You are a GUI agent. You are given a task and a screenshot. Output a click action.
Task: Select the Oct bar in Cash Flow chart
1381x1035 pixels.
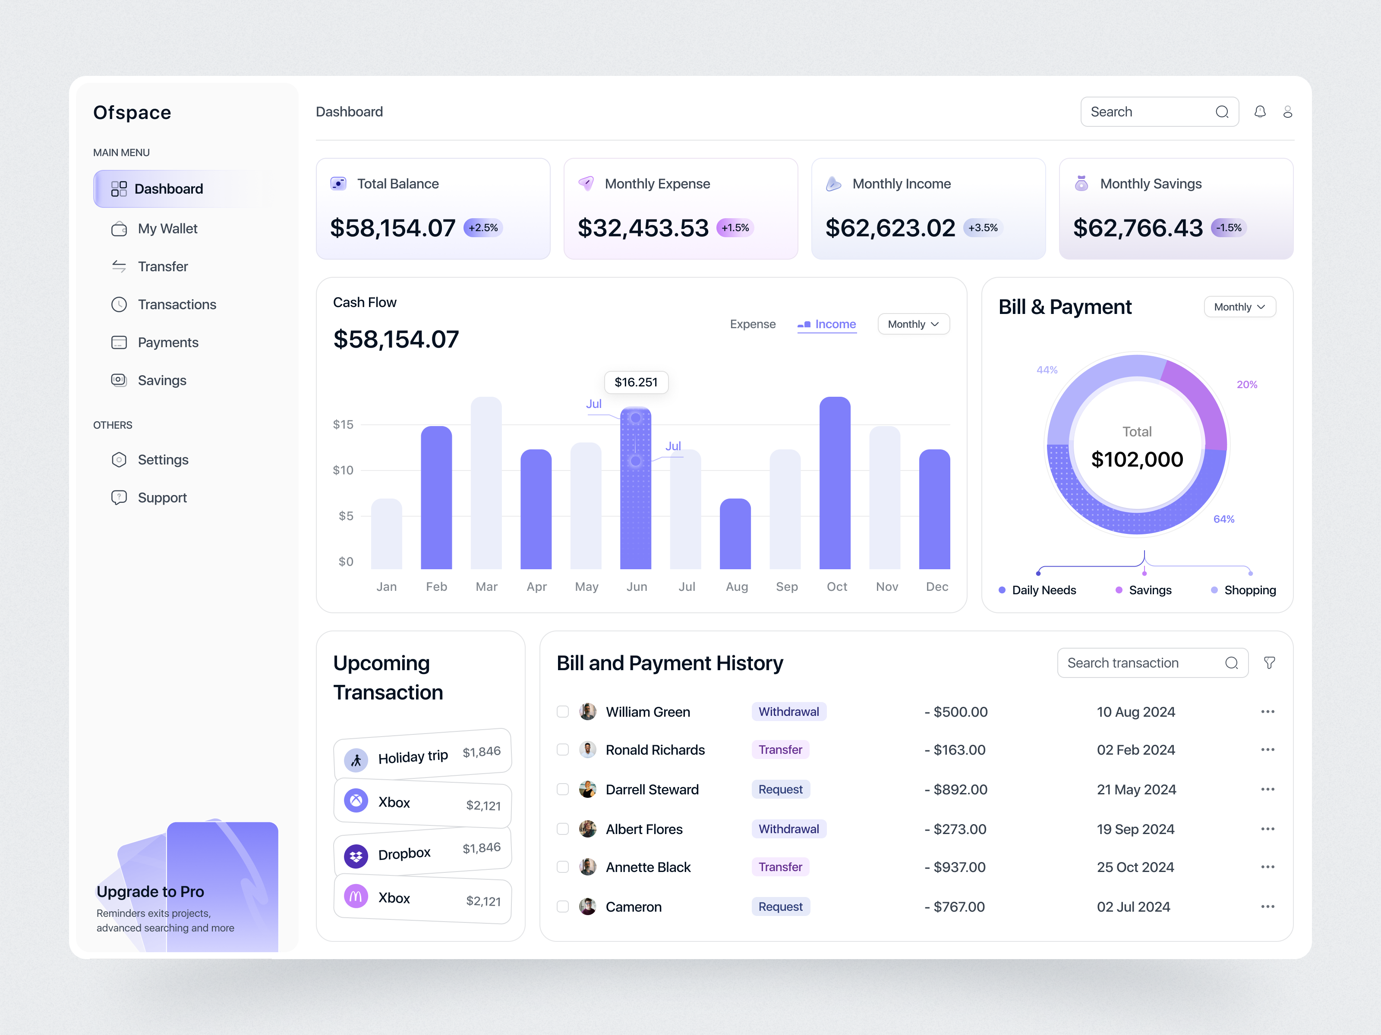click(x=834, y=483)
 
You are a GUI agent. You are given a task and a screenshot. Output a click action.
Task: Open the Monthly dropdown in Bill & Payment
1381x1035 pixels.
click(x=1239, y=307)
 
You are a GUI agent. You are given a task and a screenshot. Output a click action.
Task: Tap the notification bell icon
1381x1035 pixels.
click(x=1260, y=112)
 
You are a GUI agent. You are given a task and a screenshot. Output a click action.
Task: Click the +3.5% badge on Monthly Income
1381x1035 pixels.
click(x=982, y=228)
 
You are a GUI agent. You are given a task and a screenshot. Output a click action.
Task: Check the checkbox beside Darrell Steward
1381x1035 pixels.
click(x=562, y=789)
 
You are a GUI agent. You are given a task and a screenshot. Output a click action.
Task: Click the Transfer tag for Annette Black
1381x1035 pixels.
click(x=780, y=867)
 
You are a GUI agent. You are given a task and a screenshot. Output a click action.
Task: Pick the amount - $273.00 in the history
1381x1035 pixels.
click(x=955, y=829)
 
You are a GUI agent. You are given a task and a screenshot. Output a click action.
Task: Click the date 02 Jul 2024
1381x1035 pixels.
click(x=1133, y=907)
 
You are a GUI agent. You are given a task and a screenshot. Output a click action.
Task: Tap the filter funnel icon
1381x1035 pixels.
click(x=1269, y=662)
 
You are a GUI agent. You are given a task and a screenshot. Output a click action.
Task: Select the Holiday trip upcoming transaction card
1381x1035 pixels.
click(x=422, y=755)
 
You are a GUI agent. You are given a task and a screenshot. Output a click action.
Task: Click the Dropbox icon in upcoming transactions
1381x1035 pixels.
click(x=356, y=856)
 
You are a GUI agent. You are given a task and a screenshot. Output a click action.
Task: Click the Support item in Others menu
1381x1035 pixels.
click(x=162, y=498)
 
